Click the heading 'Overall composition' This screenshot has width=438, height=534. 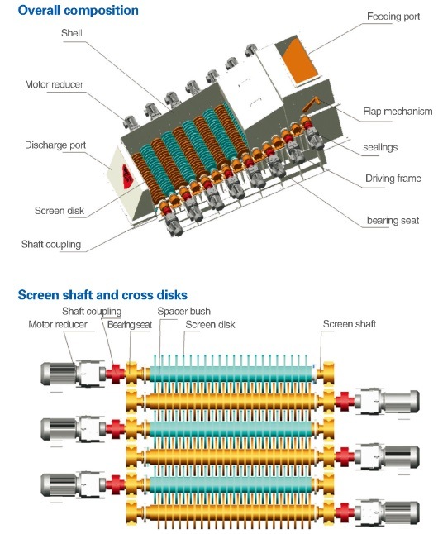[74, 11]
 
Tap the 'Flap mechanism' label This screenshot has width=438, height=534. [393, 112]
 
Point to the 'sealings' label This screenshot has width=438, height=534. [381, 147]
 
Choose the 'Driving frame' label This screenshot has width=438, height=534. [393, 178]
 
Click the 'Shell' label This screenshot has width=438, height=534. [72, 34]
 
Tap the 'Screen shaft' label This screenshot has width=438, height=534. [349, 324]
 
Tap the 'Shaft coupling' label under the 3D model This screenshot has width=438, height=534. [53, 244]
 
